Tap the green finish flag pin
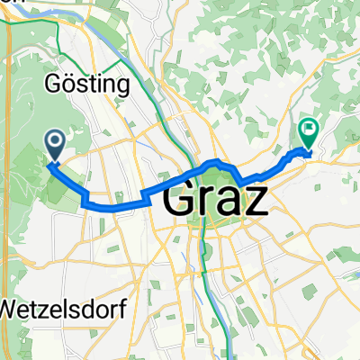pos(309,133)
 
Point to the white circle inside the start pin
pos(54,139)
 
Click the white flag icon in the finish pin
pos(309,129)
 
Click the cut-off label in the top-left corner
pos(5,3)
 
